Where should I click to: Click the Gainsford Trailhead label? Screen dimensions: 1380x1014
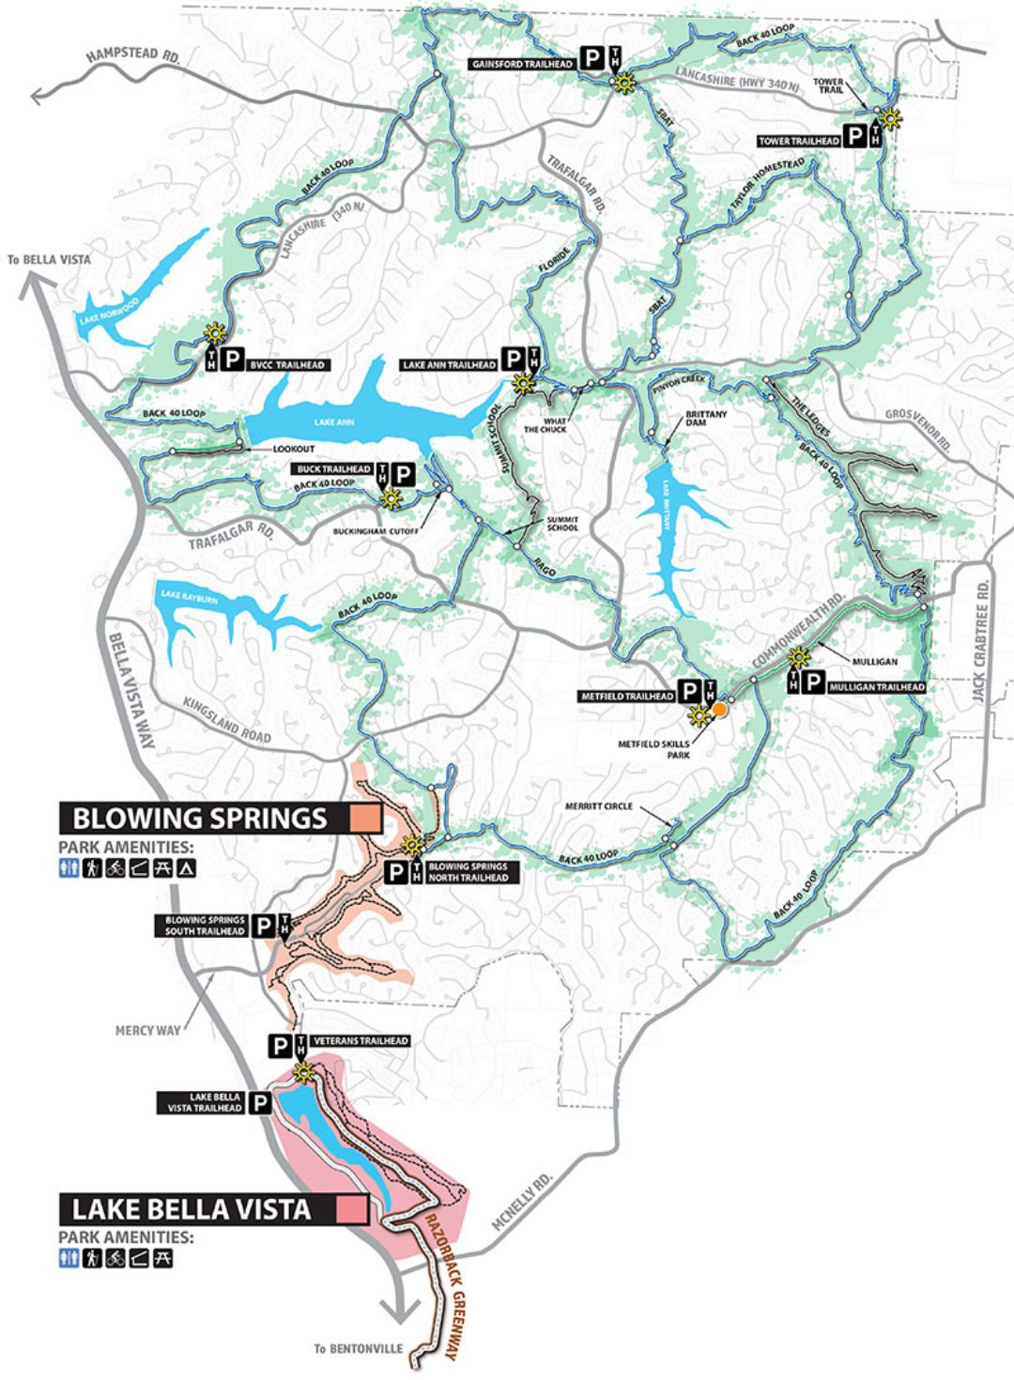coord(521,64)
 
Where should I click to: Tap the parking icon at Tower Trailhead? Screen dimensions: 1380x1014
coord(855,137)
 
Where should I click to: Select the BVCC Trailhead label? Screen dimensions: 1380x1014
coord(286,365)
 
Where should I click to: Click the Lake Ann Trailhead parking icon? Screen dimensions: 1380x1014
coord(513,360)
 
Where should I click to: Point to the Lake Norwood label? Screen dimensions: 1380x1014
coord(110,312)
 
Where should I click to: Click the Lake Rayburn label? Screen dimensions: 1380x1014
coord(189,596)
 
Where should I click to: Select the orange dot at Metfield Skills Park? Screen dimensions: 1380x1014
coord(719,710)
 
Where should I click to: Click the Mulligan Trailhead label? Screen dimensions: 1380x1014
coord(876,687)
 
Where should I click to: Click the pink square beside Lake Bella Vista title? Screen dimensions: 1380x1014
coord(352,1209)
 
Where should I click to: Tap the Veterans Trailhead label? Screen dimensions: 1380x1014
coord(360,1041)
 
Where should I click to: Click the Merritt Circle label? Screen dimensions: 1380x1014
coord(599,806)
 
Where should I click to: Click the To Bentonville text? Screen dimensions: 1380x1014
coord(359,1349)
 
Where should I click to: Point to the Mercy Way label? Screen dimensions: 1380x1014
coord(147,1031)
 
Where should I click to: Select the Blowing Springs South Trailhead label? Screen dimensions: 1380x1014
coord(205,926)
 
